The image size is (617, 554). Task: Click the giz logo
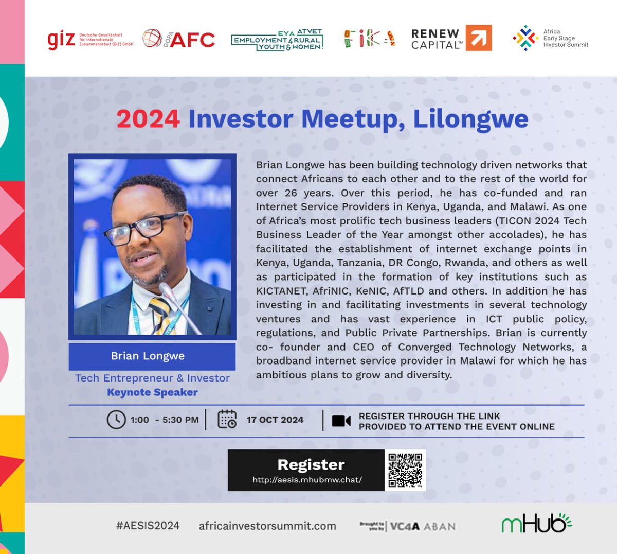coord(61,40)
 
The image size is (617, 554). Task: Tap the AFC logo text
coord(192,40)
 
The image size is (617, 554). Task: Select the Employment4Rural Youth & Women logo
coord(278,40)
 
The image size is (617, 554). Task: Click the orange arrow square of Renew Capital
coord(479,38)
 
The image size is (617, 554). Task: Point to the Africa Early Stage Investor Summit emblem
coord(525,38)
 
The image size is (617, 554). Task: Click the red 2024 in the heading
coord(148,119)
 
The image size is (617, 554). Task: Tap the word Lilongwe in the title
coord(470,119)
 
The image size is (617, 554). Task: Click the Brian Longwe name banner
coord(152,356)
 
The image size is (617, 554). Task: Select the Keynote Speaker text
coord(152,392)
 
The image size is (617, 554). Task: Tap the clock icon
coord(116,420)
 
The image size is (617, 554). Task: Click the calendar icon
coord(227,420)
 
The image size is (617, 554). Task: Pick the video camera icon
coord(341,421)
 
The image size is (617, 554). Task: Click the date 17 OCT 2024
coord(275,420)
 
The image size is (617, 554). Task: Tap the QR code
coord(405,470)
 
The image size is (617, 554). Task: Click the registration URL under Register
coord(307,480)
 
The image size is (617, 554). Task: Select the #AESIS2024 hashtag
coord(148,526)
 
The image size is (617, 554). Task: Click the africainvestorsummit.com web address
coord(267,526)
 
